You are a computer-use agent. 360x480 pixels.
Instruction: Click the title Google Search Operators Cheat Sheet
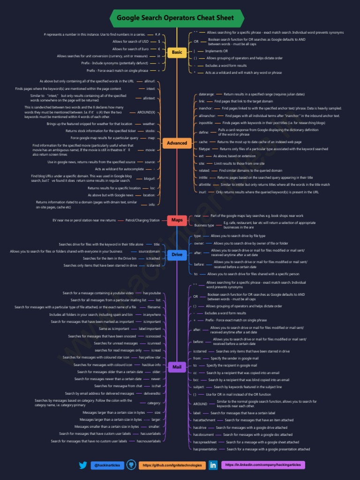pyautogui.click(x=175, y=18)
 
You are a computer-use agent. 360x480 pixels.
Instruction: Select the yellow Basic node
pyautogui.click(x=177, y=52)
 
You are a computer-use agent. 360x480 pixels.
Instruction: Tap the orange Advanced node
pyautogui.click(x=177, y=143)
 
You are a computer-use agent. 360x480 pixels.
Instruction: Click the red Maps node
pyautogui.click(x=177, y=220)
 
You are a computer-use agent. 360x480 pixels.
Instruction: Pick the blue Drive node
pyautogui.click(x=177, y=255)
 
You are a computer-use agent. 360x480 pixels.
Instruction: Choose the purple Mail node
pyautogui.click(x=177, y=367)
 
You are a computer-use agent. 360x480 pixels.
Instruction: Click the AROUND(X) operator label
pyautogui.click(x=146, y=112)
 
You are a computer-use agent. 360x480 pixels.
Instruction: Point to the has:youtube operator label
pyautogui.click(x=152, y=293)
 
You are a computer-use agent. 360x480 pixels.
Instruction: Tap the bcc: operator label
pyautogui.click(x=196, y=380)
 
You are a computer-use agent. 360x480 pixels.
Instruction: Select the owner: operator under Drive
pyautogui.click(x=199, y=243)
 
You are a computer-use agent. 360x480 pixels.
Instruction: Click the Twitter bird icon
pyautogui.click(x=83, y=465)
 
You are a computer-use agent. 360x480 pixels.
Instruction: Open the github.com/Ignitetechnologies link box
pyautogui.click(x=172, y=465)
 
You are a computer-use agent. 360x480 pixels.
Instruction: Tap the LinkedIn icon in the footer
pyautogui.click(x=213, y=465)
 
